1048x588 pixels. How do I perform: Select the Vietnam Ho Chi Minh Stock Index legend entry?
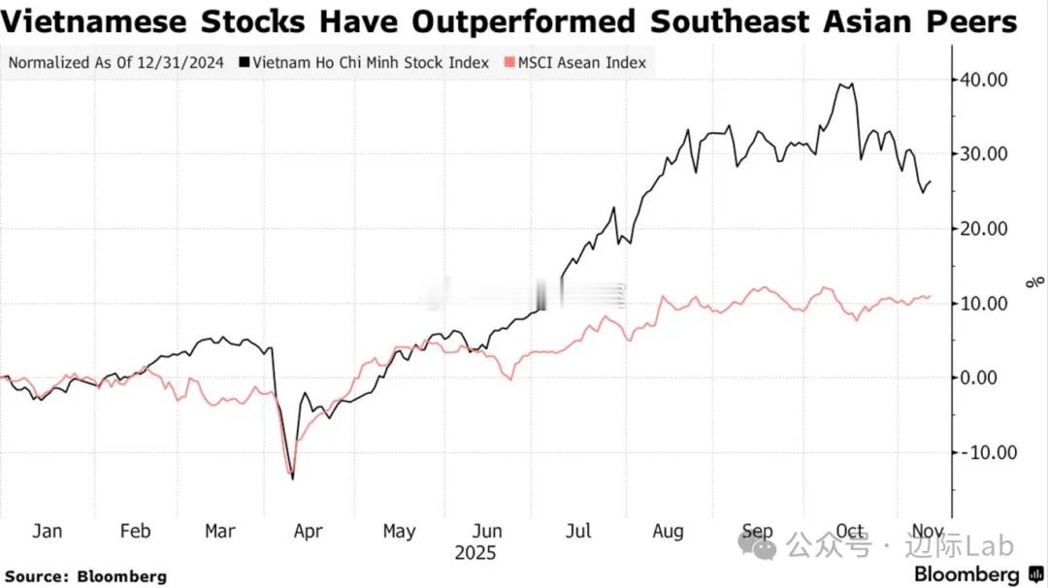(x=372, y=63)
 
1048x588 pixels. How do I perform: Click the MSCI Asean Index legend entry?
(x=580, y=63)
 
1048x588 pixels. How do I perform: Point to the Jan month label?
(x=48, y=531)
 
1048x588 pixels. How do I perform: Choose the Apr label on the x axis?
(x=308, y=531)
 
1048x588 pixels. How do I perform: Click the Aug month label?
(x=668, y=531)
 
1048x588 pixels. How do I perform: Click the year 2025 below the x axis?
(x=475, y=553)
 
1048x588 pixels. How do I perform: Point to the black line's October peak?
(x=846, y=84)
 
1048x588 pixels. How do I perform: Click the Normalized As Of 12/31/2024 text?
(x=115, y=63)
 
